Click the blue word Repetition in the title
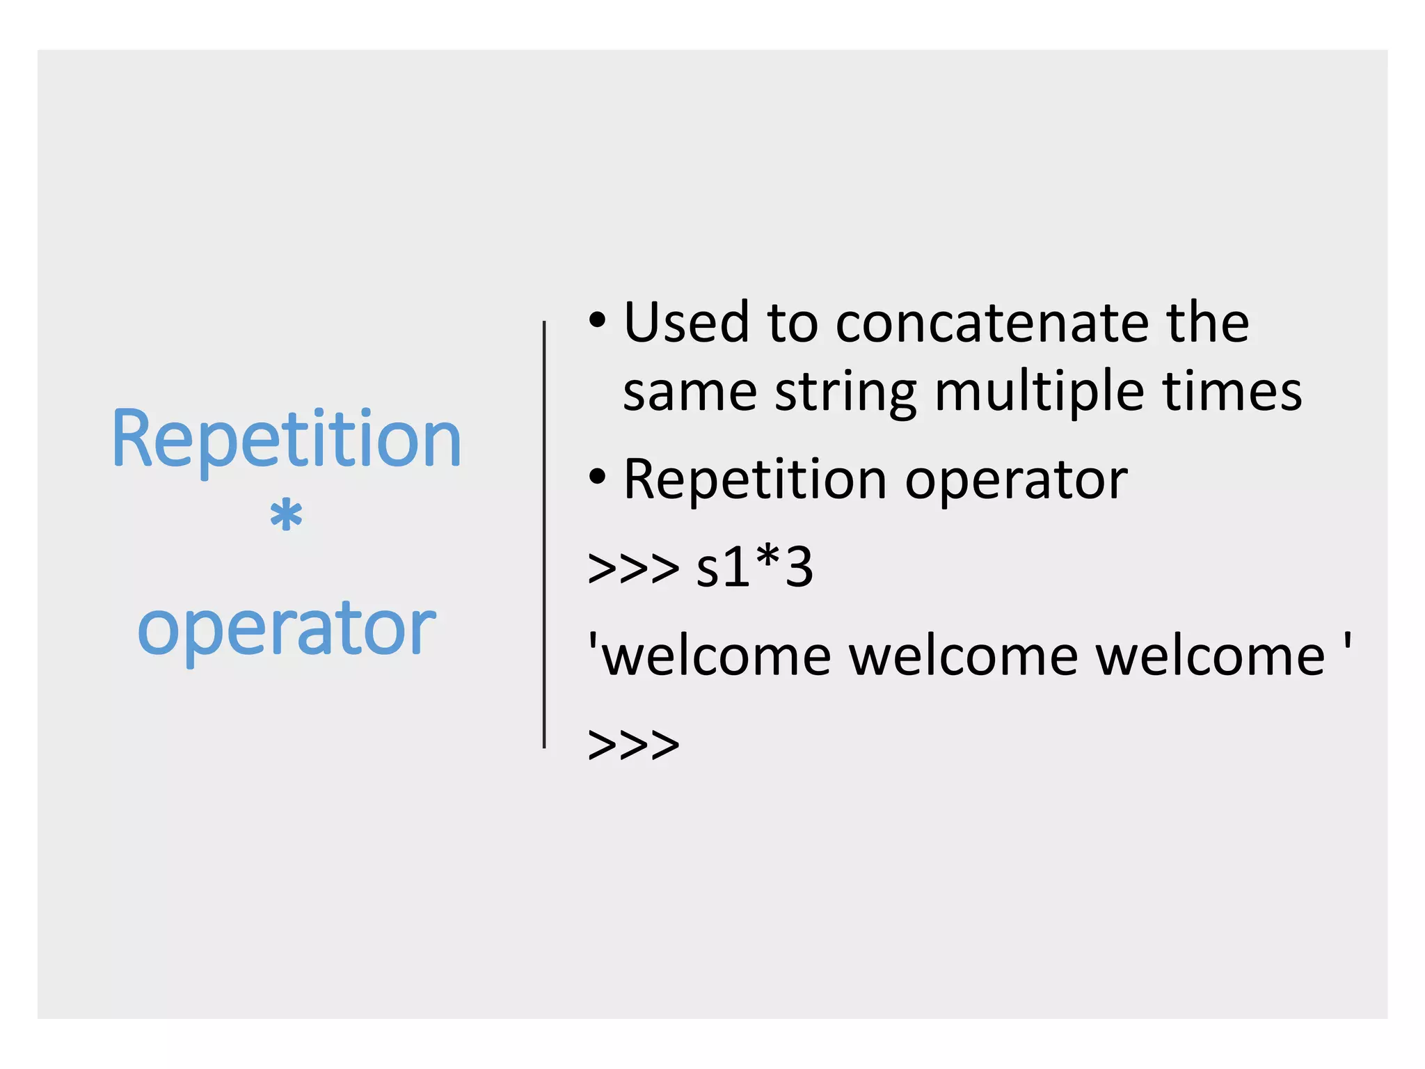286,440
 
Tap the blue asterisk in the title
286,517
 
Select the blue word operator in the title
286,628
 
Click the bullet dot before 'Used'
597,321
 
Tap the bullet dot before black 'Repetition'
597,477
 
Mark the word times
1232,392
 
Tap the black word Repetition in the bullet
755,480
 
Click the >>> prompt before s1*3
633,569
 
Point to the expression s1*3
754,567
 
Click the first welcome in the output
717,656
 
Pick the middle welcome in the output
964,656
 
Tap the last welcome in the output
1211,656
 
